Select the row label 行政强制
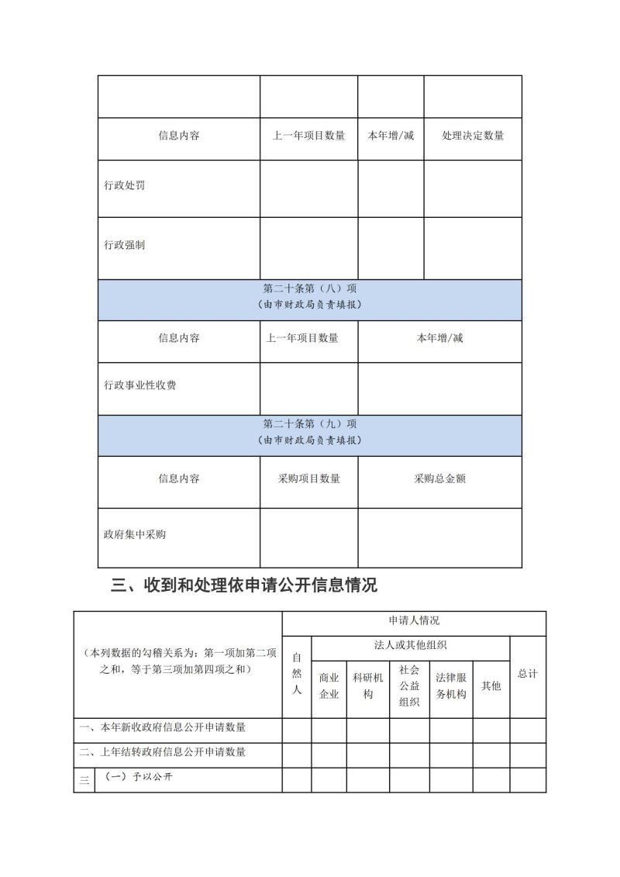pos(124,246)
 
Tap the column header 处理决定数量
pos(473,136)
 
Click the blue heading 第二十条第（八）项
pos(309,289)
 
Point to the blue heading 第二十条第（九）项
pos(309,424)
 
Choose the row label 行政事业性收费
pos(139,385)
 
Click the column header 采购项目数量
pos(308,478)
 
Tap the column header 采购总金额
pos(439,478)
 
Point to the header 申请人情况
pos(414,621)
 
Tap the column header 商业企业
pos(329,685)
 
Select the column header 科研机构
pos(367,685)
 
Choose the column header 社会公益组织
pos(409,685)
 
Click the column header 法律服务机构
pos(451,685)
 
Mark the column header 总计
pos(528,674)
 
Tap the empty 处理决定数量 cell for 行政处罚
pos(473,188)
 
